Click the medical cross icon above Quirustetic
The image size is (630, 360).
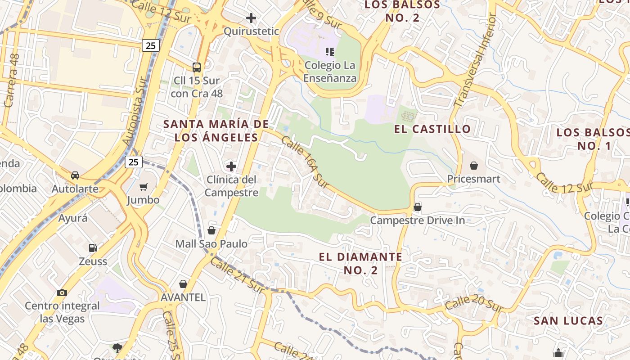pos(251,18)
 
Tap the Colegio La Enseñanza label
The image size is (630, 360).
pos(330,72)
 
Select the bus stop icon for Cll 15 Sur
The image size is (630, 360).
pos(197,67)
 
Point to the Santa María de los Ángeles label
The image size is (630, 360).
pos(216,130)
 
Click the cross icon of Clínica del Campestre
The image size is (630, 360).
pos(231,166)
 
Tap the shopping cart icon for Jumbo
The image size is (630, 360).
pos(144,187)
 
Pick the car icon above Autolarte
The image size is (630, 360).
pos(75,175)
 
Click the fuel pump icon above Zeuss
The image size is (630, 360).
pos(93,247)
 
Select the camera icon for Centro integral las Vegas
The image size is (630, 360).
pos(62,292)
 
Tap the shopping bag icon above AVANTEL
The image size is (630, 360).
pos(183,284)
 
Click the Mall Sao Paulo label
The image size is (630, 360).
pos(211,244)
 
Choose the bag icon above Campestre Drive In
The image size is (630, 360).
pos(418,207)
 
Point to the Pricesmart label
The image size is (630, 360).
pos(473,179)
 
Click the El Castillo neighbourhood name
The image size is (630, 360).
pos(432,129)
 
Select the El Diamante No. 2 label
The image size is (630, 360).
pos(360,263)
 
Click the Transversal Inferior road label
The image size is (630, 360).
pos(474,61)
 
